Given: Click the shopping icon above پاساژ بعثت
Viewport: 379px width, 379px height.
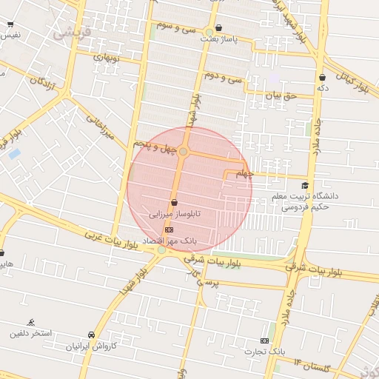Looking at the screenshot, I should [x=219, y=29].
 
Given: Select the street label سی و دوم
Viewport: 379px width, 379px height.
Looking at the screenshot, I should [x=224, y=77].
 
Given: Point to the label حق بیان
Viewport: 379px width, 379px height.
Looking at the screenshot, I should [x=281, y=95].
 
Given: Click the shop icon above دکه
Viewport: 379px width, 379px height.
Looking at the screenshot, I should [x=322, y=77].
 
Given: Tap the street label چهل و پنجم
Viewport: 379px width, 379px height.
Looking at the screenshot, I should [x=157, y=147].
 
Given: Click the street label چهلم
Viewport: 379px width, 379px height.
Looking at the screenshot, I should [x=244, y=175].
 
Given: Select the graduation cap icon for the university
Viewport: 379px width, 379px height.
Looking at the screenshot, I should [x=304, y=185].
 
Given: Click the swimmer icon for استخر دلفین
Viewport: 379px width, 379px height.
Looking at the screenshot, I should [x=30, y=322].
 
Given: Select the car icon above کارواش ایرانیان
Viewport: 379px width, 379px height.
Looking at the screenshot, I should [x=91, y=335].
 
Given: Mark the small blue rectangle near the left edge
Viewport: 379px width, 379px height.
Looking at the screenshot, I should [x=14, y=153].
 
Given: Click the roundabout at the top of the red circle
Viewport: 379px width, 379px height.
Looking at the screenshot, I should [x=183, y=152].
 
